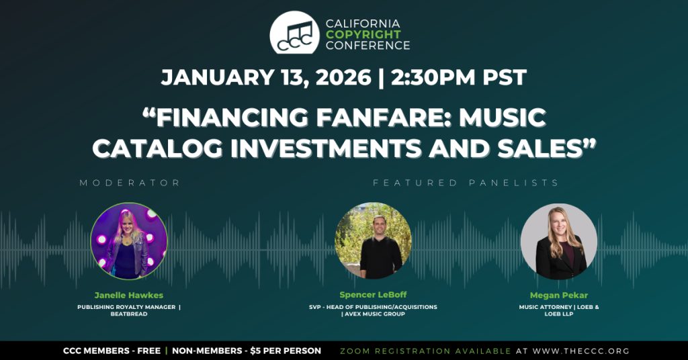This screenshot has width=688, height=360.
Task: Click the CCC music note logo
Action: pos(294,32)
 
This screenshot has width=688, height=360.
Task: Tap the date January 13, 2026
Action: pos(266,78)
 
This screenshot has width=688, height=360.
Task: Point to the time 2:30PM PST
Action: pos(458,78)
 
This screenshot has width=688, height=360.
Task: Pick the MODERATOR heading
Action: pos(130,183)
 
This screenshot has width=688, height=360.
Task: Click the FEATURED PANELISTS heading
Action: pos(466,183)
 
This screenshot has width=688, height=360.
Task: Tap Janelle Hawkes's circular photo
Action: pos(128,240)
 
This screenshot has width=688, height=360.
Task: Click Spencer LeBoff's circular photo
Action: pos(373,240)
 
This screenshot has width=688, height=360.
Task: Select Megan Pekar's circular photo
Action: pos(558,241)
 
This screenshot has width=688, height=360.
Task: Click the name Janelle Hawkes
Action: pos(128,295)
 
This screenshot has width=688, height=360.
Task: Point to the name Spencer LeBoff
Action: pos(373,295)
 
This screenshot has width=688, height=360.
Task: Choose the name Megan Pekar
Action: pos(558,295)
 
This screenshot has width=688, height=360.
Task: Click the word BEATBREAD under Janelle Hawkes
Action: pos(129,314)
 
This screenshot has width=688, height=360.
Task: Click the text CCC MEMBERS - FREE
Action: pos(112,351)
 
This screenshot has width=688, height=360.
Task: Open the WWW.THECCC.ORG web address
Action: pos(581,351)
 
